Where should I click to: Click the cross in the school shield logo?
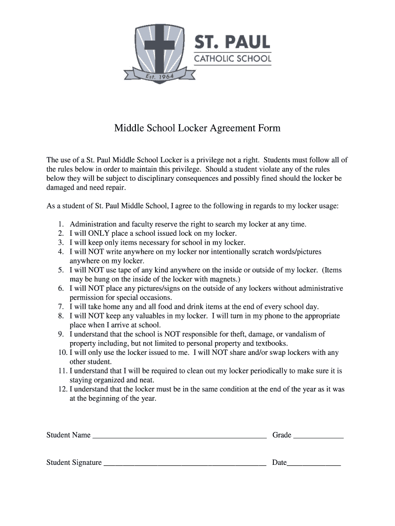coord(159,46)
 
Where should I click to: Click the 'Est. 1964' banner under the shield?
coord(159,78)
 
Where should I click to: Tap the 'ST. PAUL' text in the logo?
coord(232,42)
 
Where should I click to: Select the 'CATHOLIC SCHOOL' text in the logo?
coord(232,59)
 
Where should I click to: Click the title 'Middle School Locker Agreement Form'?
coord(197,128)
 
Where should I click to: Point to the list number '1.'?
coord(61,224)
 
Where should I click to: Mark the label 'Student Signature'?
coord(74,463)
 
